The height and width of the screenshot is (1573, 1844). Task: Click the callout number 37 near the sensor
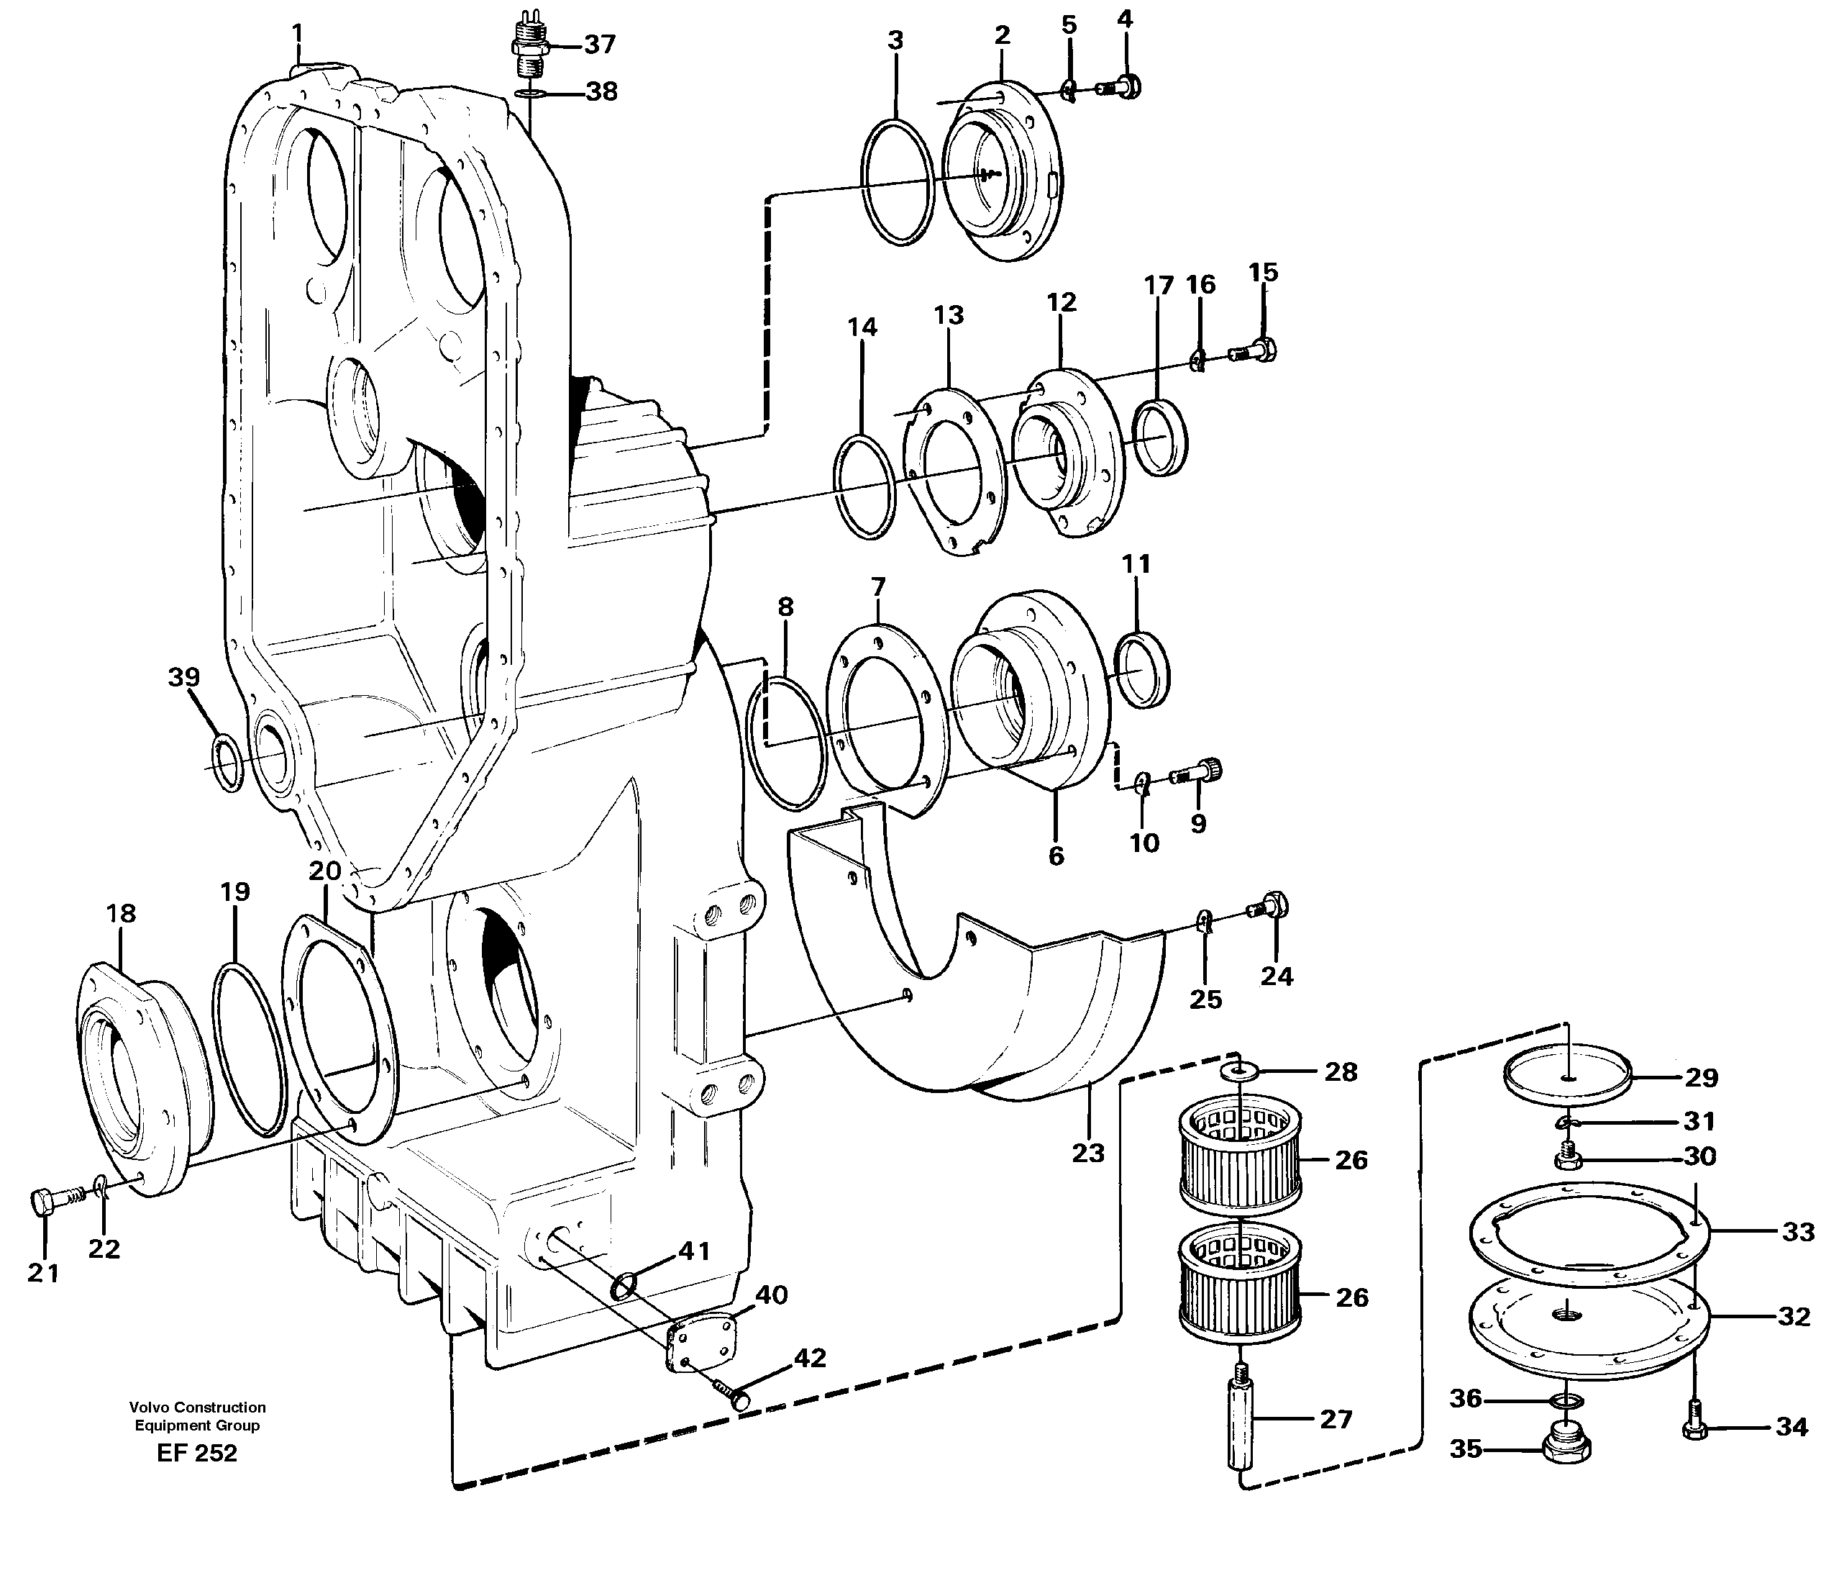coord(600,45)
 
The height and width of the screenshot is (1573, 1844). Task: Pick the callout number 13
coord(949,315)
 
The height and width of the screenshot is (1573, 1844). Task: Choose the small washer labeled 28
coord(1232,1069)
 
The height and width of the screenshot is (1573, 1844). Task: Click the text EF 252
coord(196,1454)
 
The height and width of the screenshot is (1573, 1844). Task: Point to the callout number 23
coord(1087,1153)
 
